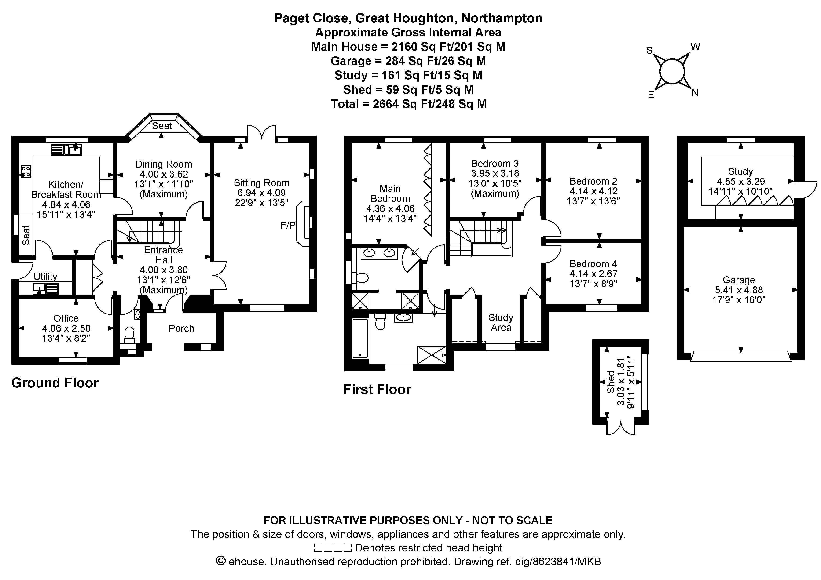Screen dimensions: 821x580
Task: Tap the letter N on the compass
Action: tap(695, 93)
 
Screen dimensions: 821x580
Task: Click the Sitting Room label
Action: tap(261, 183)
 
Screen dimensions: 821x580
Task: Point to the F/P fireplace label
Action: tap(288, 225)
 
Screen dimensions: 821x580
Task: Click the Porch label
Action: tap(181, 328)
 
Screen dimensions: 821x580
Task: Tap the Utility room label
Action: tap(45, 276)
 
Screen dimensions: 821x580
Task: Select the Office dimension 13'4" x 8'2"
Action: tap(66, 338)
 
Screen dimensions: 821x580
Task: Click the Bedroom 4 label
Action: tap(593, 264)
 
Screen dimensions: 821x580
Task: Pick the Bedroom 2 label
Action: tap(593, 181)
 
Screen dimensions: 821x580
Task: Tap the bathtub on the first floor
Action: tap(360, 338)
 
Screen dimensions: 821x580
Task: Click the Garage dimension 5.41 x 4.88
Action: tap(739, 290)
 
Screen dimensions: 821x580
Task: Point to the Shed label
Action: tap(611, 382)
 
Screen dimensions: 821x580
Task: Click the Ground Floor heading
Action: tap(55, 383)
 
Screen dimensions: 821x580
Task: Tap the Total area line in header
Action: tap(408, 104)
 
